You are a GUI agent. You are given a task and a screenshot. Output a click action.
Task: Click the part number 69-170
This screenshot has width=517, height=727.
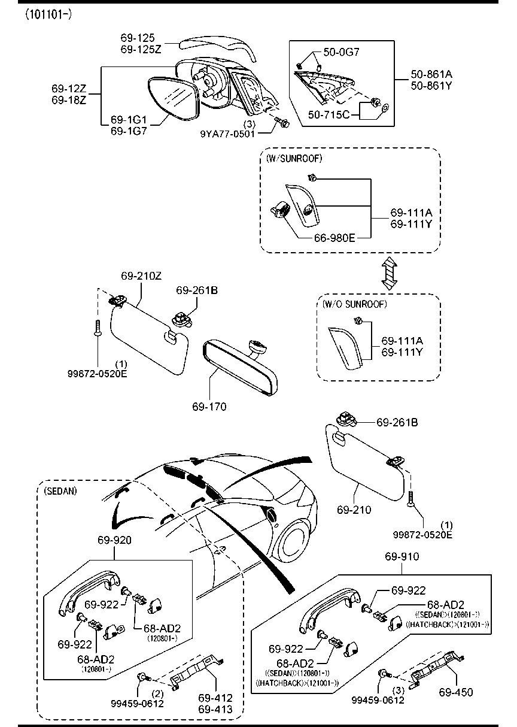209,407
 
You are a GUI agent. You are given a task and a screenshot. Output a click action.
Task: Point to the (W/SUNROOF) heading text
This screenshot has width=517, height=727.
294,158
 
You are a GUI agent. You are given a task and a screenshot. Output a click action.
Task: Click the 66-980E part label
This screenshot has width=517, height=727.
336,238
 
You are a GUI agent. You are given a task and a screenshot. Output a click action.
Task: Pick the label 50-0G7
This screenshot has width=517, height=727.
342,52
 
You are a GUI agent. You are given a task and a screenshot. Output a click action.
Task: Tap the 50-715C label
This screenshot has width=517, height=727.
329,113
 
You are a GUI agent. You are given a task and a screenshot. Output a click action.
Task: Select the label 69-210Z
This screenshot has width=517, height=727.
141,276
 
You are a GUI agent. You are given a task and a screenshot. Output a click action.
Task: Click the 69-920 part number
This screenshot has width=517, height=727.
114,540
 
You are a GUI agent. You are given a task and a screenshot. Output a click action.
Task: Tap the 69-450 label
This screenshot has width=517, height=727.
455,692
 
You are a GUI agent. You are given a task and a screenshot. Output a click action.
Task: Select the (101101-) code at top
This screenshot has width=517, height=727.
48,13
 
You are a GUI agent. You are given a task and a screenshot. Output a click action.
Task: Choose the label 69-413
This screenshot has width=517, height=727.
215,709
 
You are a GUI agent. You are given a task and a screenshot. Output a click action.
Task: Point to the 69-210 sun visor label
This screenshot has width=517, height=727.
354,510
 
